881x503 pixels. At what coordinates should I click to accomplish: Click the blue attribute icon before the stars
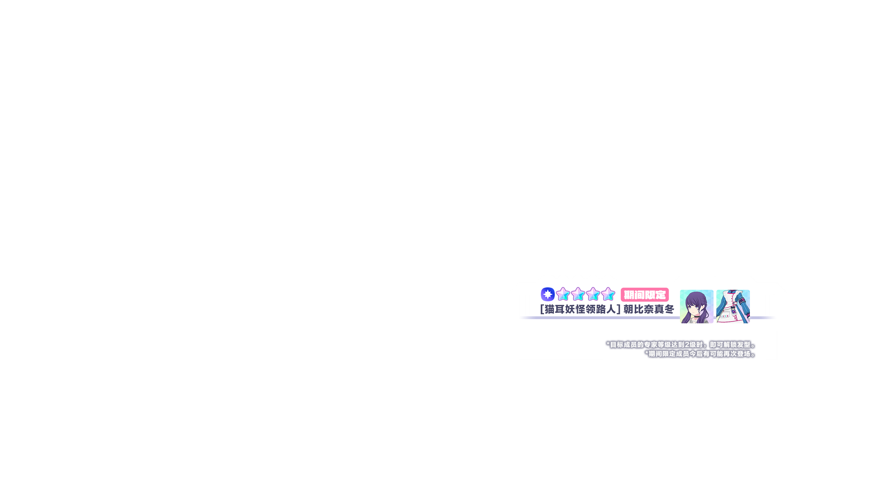pyautogui.click(x=547, y=294)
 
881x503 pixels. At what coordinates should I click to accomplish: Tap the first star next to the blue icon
pyautogui.click(x=563, y=294)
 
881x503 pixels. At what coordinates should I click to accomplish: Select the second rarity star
pyautogui.click(x=578, y=294)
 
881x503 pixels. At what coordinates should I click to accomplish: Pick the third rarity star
pyautogui.click(x=593, y=294)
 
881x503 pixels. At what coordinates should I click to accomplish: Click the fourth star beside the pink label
pyautogui.click(x=608, y=294)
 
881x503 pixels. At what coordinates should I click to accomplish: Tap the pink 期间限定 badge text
pyautogui.click(x=645, y=295)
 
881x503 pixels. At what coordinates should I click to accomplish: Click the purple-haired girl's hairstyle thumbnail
pyautogui.click(x=696, y=307)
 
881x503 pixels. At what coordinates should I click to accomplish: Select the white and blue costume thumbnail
pyautogui.click(x=733, y=307)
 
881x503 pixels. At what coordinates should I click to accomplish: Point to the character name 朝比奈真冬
pyautogui.click(x=649, y=309)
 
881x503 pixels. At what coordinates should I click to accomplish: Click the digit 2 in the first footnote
pyautogui.click(x=687, y=345)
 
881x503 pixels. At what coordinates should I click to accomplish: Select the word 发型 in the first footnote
pyautogui.click(x=744, y=345)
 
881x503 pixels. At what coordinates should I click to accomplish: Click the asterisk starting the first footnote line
pyautogui.click(x=608, y=344)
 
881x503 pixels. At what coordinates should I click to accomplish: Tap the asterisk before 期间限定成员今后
pyautogui.click(x=647, y=353)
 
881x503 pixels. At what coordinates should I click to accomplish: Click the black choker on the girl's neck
pyautogui.click(x=697, y=317)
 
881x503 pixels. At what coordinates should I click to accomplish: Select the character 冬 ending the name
pyautogui.click(x=669, y=309)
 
